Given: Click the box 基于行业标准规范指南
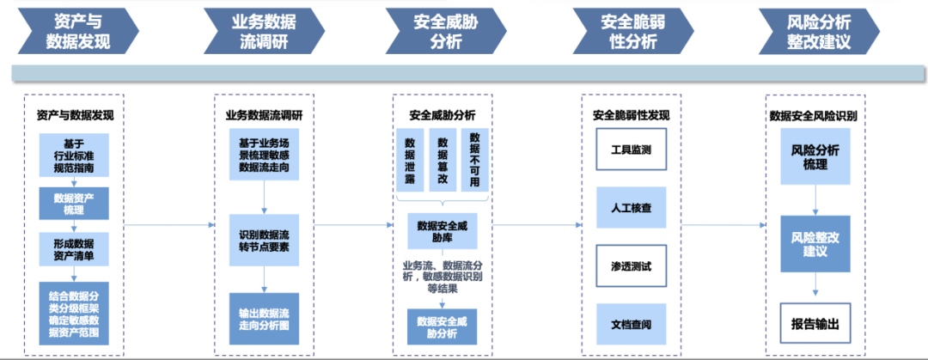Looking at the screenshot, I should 75,156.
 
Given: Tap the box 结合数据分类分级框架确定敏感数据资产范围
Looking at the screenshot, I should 75,314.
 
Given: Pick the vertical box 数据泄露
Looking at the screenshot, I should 410,161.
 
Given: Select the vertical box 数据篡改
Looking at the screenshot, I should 443,161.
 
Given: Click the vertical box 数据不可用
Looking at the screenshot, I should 475,161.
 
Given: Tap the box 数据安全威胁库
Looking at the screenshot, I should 442,230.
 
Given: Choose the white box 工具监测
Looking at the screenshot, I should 631,149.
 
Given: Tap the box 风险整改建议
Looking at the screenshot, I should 815,245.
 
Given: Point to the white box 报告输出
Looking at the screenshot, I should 815,324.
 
